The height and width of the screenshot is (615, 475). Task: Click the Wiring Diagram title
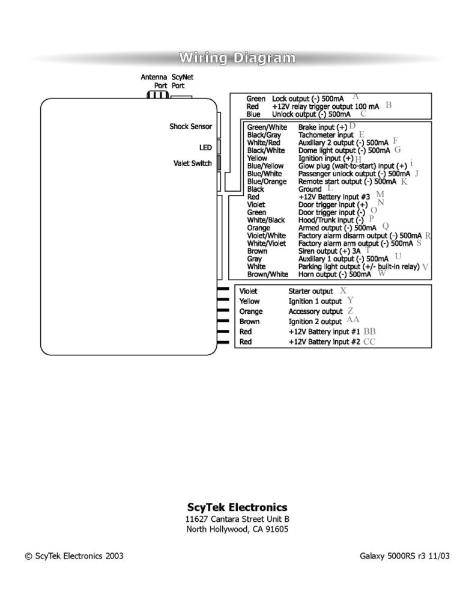[x=237, y=58]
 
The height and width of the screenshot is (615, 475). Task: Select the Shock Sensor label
[x=190, y=126]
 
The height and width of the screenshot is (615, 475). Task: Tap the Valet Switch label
[x=192, y=163]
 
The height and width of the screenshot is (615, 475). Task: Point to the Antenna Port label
[x=154, y=81]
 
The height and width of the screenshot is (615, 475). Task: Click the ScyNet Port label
[x=182, y=81]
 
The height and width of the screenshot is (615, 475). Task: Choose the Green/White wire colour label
[x=267, y=127]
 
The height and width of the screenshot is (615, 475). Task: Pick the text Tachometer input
[x=326, y=135]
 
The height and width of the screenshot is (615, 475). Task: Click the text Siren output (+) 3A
[x=330, y=251]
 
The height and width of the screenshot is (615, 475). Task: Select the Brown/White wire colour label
[x=268, y=274]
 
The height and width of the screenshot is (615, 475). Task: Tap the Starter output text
[x=310, y=291]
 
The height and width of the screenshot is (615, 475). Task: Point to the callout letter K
[x=404, y=181]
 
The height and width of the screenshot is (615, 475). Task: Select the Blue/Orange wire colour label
[x=267, y=181]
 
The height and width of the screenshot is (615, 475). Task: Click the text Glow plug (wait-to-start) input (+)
[x=352, y=166]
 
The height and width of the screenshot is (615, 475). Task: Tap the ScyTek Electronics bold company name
[x=237, y=507]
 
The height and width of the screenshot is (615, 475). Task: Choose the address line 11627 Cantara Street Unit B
[x=237, y=519]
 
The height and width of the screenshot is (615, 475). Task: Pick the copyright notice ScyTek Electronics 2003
[x=74, y=555]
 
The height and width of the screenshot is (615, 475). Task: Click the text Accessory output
[x=315, y=311]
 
